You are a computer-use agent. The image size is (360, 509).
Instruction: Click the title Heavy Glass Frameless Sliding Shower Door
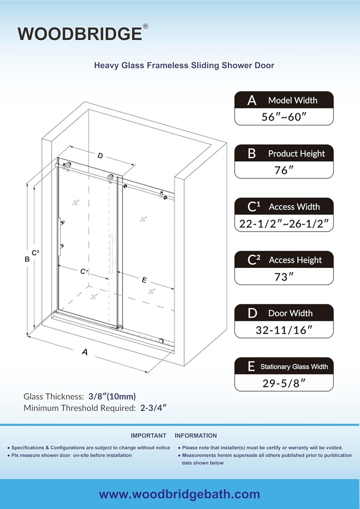tap(184, 65)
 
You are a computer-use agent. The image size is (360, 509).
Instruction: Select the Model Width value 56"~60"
tap(283, 117)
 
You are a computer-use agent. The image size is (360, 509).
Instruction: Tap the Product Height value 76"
tap(283, 170)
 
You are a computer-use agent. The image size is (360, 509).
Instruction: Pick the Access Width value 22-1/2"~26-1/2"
tap(284, 224)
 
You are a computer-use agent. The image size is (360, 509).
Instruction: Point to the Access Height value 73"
tap(283, 277)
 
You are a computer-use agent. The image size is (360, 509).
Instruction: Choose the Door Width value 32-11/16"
tap(283, 330)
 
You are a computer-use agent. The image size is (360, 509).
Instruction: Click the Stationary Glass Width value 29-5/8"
tap(283, 383)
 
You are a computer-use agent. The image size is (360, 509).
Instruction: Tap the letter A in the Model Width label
tap(252, 100)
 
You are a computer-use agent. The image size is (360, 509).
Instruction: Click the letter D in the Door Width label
tap(252, 313)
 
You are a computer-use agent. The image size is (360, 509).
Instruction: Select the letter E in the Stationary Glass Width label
tap(251, 367)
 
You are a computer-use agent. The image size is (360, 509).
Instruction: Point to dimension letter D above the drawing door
tap(100, 156)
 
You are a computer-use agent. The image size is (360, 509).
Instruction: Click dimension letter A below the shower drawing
tap(85, 352)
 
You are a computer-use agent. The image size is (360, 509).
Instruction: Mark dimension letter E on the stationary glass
tap(144, 280)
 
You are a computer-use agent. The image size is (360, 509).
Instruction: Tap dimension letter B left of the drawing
tap(27, 258)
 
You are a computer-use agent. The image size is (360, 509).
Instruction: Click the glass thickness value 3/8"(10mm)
tap(112, 396)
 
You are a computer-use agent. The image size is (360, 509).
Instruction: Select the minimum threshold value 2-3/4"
tap(152, 408)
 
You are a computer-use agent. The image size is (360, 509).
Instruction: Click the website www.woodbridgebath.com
tap(180, 494)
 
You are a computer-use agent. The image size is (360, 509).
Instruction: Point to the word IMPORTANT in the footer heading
tap(148, 435)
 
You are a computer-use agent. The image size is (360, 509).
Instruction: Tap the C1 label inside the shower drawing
tap(84, 271)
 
